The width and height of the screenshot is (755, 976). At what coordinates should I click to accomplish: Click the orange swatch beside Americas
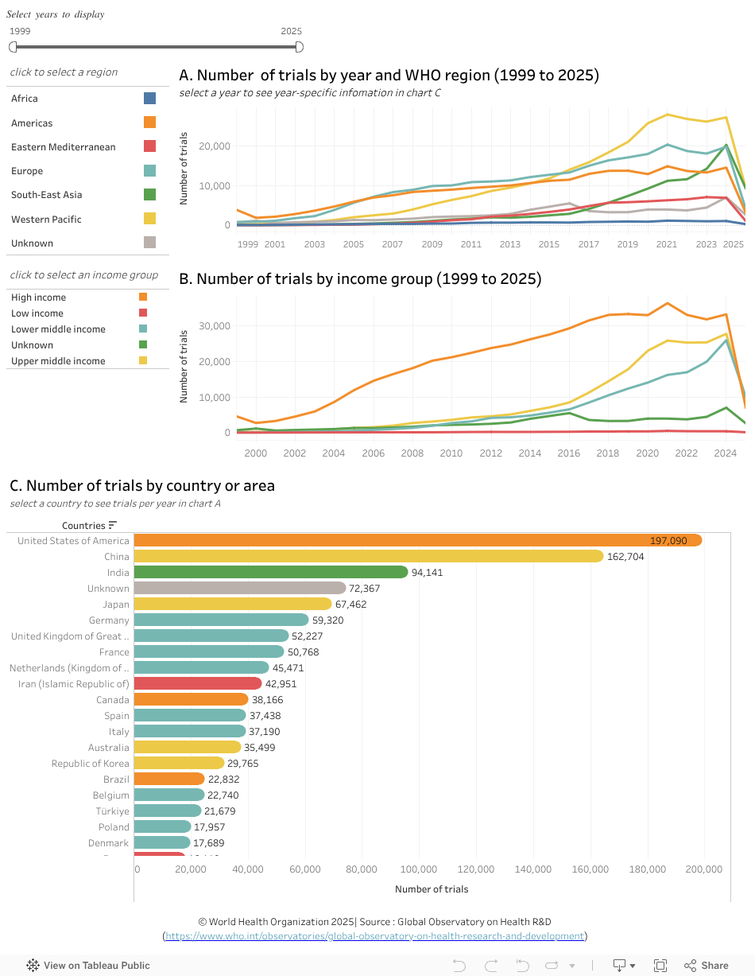click(x=149, y=122)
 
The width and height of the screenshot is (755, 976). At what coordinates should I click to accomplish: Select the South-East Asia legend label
click(x=46, y=195)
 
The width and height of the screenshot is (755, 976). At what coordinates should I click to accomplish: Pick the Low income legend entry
click(x=37, y=313)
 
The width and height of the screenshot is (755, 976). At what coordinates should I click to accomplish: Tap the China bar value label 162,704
click(x=625, y=557)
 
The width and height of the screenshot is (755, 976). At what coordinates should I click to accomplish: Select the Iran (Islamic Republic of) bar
click(x=197, y=683)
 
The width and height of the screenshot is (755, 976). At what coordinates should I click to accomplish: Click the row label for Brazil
click(x=116, y=780)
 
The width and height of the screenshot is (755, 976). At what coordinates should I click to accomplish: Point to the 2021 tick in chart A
click(x=668, y=244)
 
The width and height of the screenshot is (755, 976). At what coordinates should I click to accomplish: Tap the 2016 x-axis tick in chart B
click(x=568, y=453)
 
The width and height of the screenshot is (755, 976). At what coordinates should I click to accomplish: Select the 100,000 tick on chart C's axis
click(x=419, y=869)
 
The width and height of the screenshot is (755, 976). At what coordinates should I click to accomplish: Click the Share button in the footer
click(x=707, y=966)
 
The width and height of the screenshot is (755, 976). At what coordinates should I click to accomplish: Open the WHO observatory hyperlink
click(x=375, y=936)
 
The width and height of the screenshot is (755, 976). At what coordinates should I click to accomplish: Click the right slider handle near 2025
click(x=299, y=47)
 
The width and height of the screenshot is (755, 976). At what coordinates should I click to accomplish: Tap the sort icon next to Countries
click(x=113, y=525)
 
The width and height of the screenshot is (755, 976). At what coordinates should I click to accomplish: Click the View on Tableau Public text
click(x=96, y=966)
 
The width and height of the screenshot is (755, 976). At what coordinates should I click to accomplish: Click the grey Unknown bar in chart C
click(x=239, y=588)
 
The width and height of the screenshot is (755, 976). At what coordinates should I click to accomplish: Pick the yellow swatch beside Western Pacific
click(x=149, y=219)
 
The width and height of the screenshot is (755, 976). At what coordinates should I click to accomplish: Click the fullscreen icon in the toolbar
click(x=660, y=966)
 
